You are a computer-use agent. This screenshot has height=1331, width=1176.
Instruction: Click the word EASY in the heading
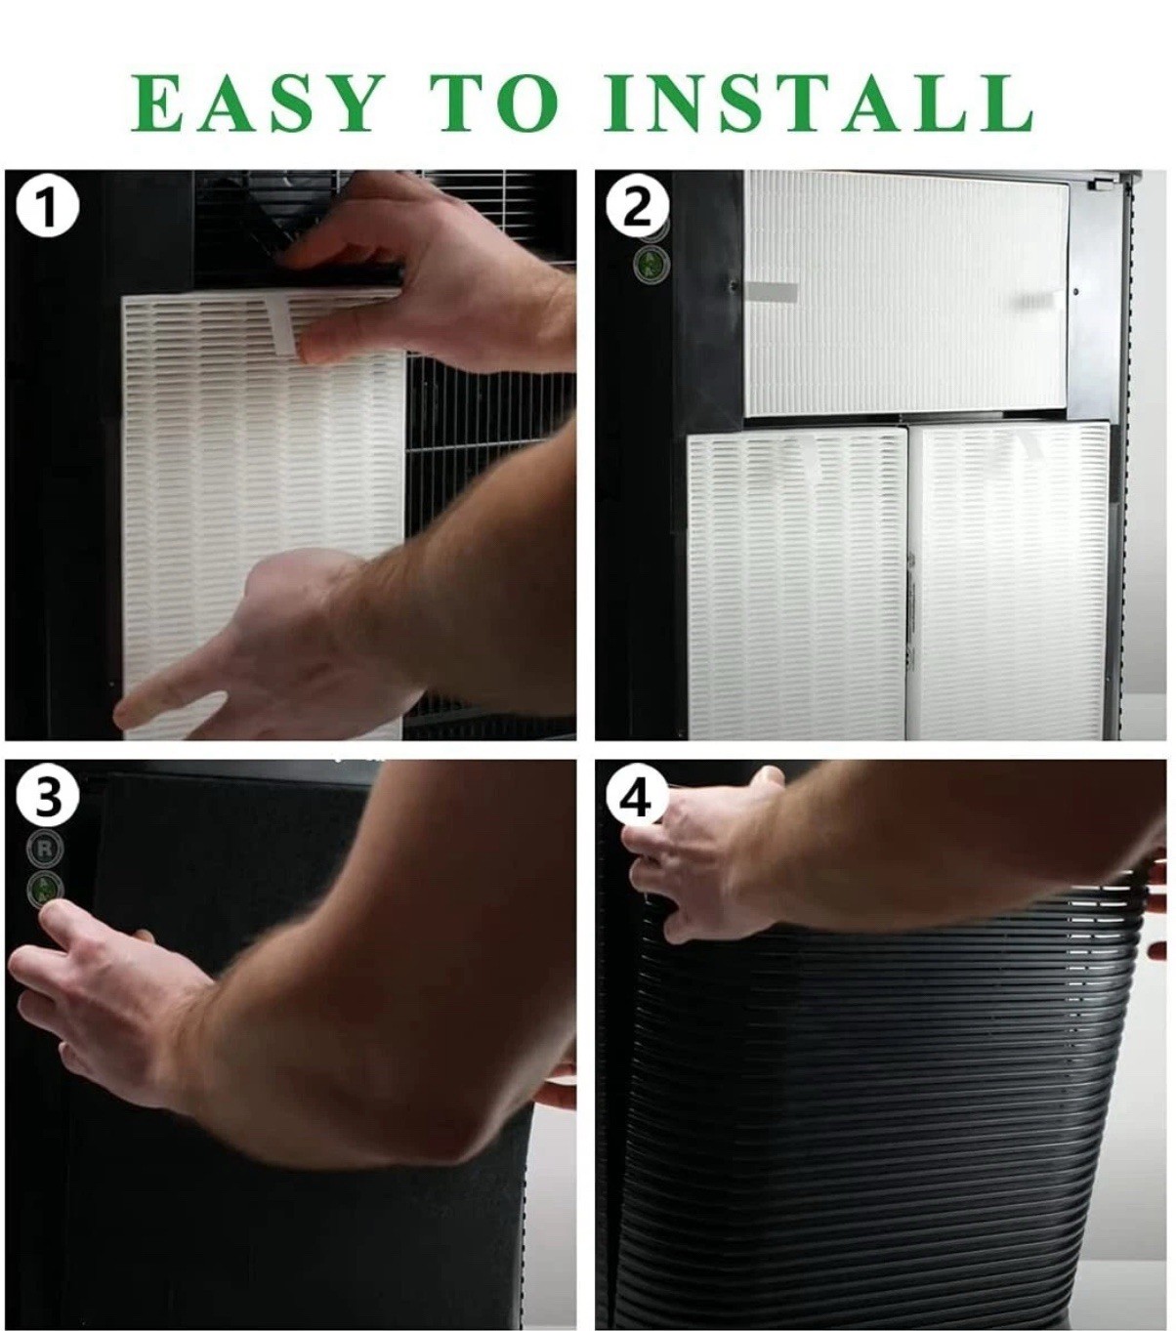point(258,104)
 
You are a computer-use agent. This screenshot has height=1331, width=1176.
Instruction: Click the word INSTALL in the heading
point(818,104)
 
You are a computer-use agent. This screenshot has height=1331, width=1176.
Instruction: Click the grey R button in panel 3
point(45,849)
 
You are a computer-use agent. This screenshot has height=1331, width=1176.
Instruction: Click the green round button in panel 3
point(45,889)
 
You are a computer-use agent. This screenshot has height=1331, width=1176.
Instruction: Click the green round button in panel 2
point(651,262)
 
